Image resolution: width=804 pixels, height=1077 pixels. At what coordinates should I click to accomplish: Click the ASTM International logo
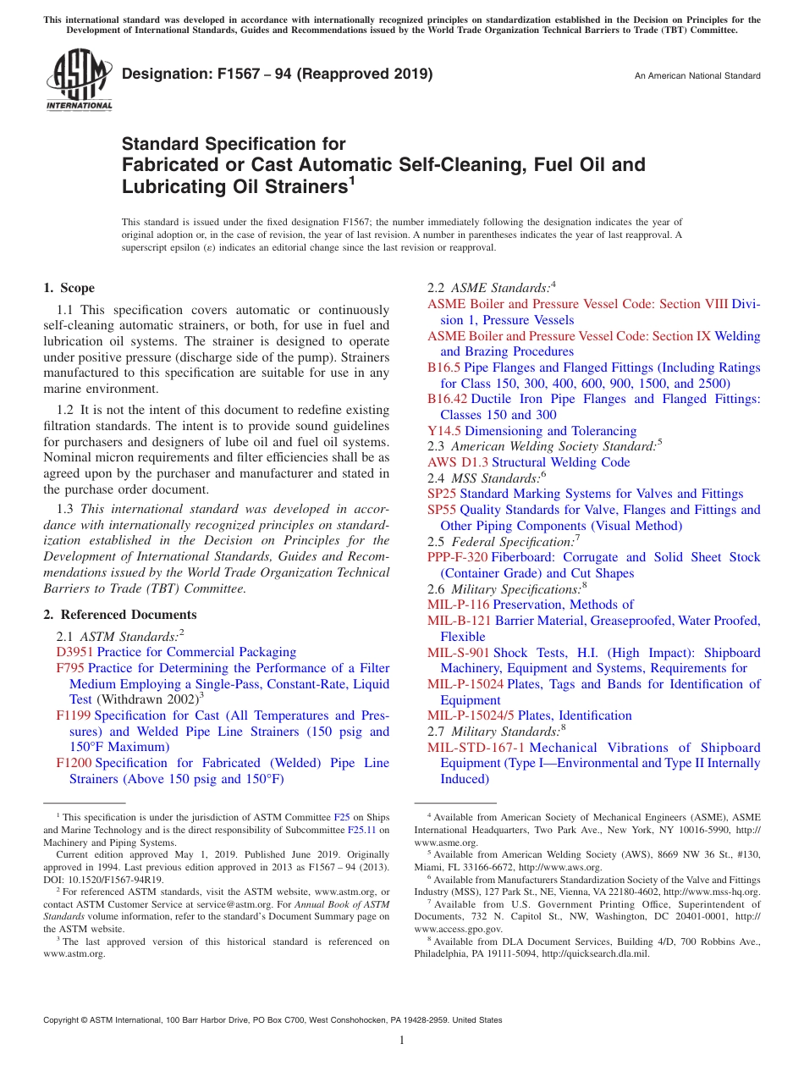[x=79, y=80]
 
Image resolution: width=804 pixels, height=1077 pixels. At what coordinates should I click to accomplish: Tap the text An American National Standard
[x=697, y=76]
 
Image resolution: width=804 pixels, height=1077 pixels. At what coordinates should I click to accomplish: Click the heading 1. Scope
[x=69, y=288]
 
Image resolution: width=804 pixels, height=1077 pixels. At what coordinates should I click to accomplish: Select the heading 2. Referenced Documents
[x=120, y=615]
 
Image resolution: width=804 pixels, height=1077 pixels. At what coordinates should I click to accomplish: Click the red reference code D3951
[x=74, y=652]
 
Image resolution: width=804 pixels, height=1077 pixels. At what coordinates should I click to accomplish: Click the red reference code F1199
[x=74, y=715]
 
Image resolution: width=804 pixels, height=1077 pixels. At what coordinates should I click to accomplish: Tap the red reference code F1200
[x=74, y=763]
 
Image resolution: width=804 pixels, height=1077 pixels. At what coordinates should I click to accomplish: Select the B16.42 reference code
[x=447, y=399]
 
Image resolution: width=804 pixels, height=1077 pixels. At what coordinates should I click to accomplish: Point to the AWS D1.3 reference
[x=458, y=462]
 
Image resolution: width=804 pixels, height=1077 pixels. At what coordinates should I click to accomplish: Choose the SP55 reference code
[x=442, y=510]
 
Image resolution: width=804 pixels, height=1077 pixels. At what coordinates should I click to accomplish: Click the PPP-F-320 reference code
[x=457, y=557]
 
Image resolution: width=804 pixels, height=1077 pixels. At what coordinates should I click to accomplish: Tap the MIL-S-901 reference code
[x=458, y=653]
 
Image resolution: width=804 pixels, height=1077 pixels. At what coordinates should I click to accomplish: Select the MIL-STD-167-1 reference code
[x=476, y=748]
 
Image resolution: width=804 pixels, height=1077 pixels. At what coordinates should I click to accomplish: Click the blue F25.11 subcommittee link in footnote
[x=358, y=831]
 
